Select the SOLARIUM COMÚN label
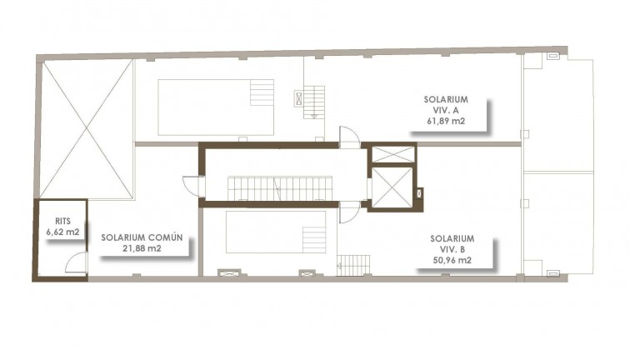tap(142, 237)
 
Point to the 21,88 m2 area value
tap(142, 248)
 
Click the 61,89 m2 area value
tap(444, 121)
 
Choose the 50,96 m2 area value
tap(452, 261)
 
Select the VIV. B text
tap(452, 249)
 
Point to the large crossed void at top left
tap(87, 129)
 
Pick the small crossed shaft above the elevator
tap(391, 154)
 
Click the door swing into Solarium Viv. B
tap(349, 212)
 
